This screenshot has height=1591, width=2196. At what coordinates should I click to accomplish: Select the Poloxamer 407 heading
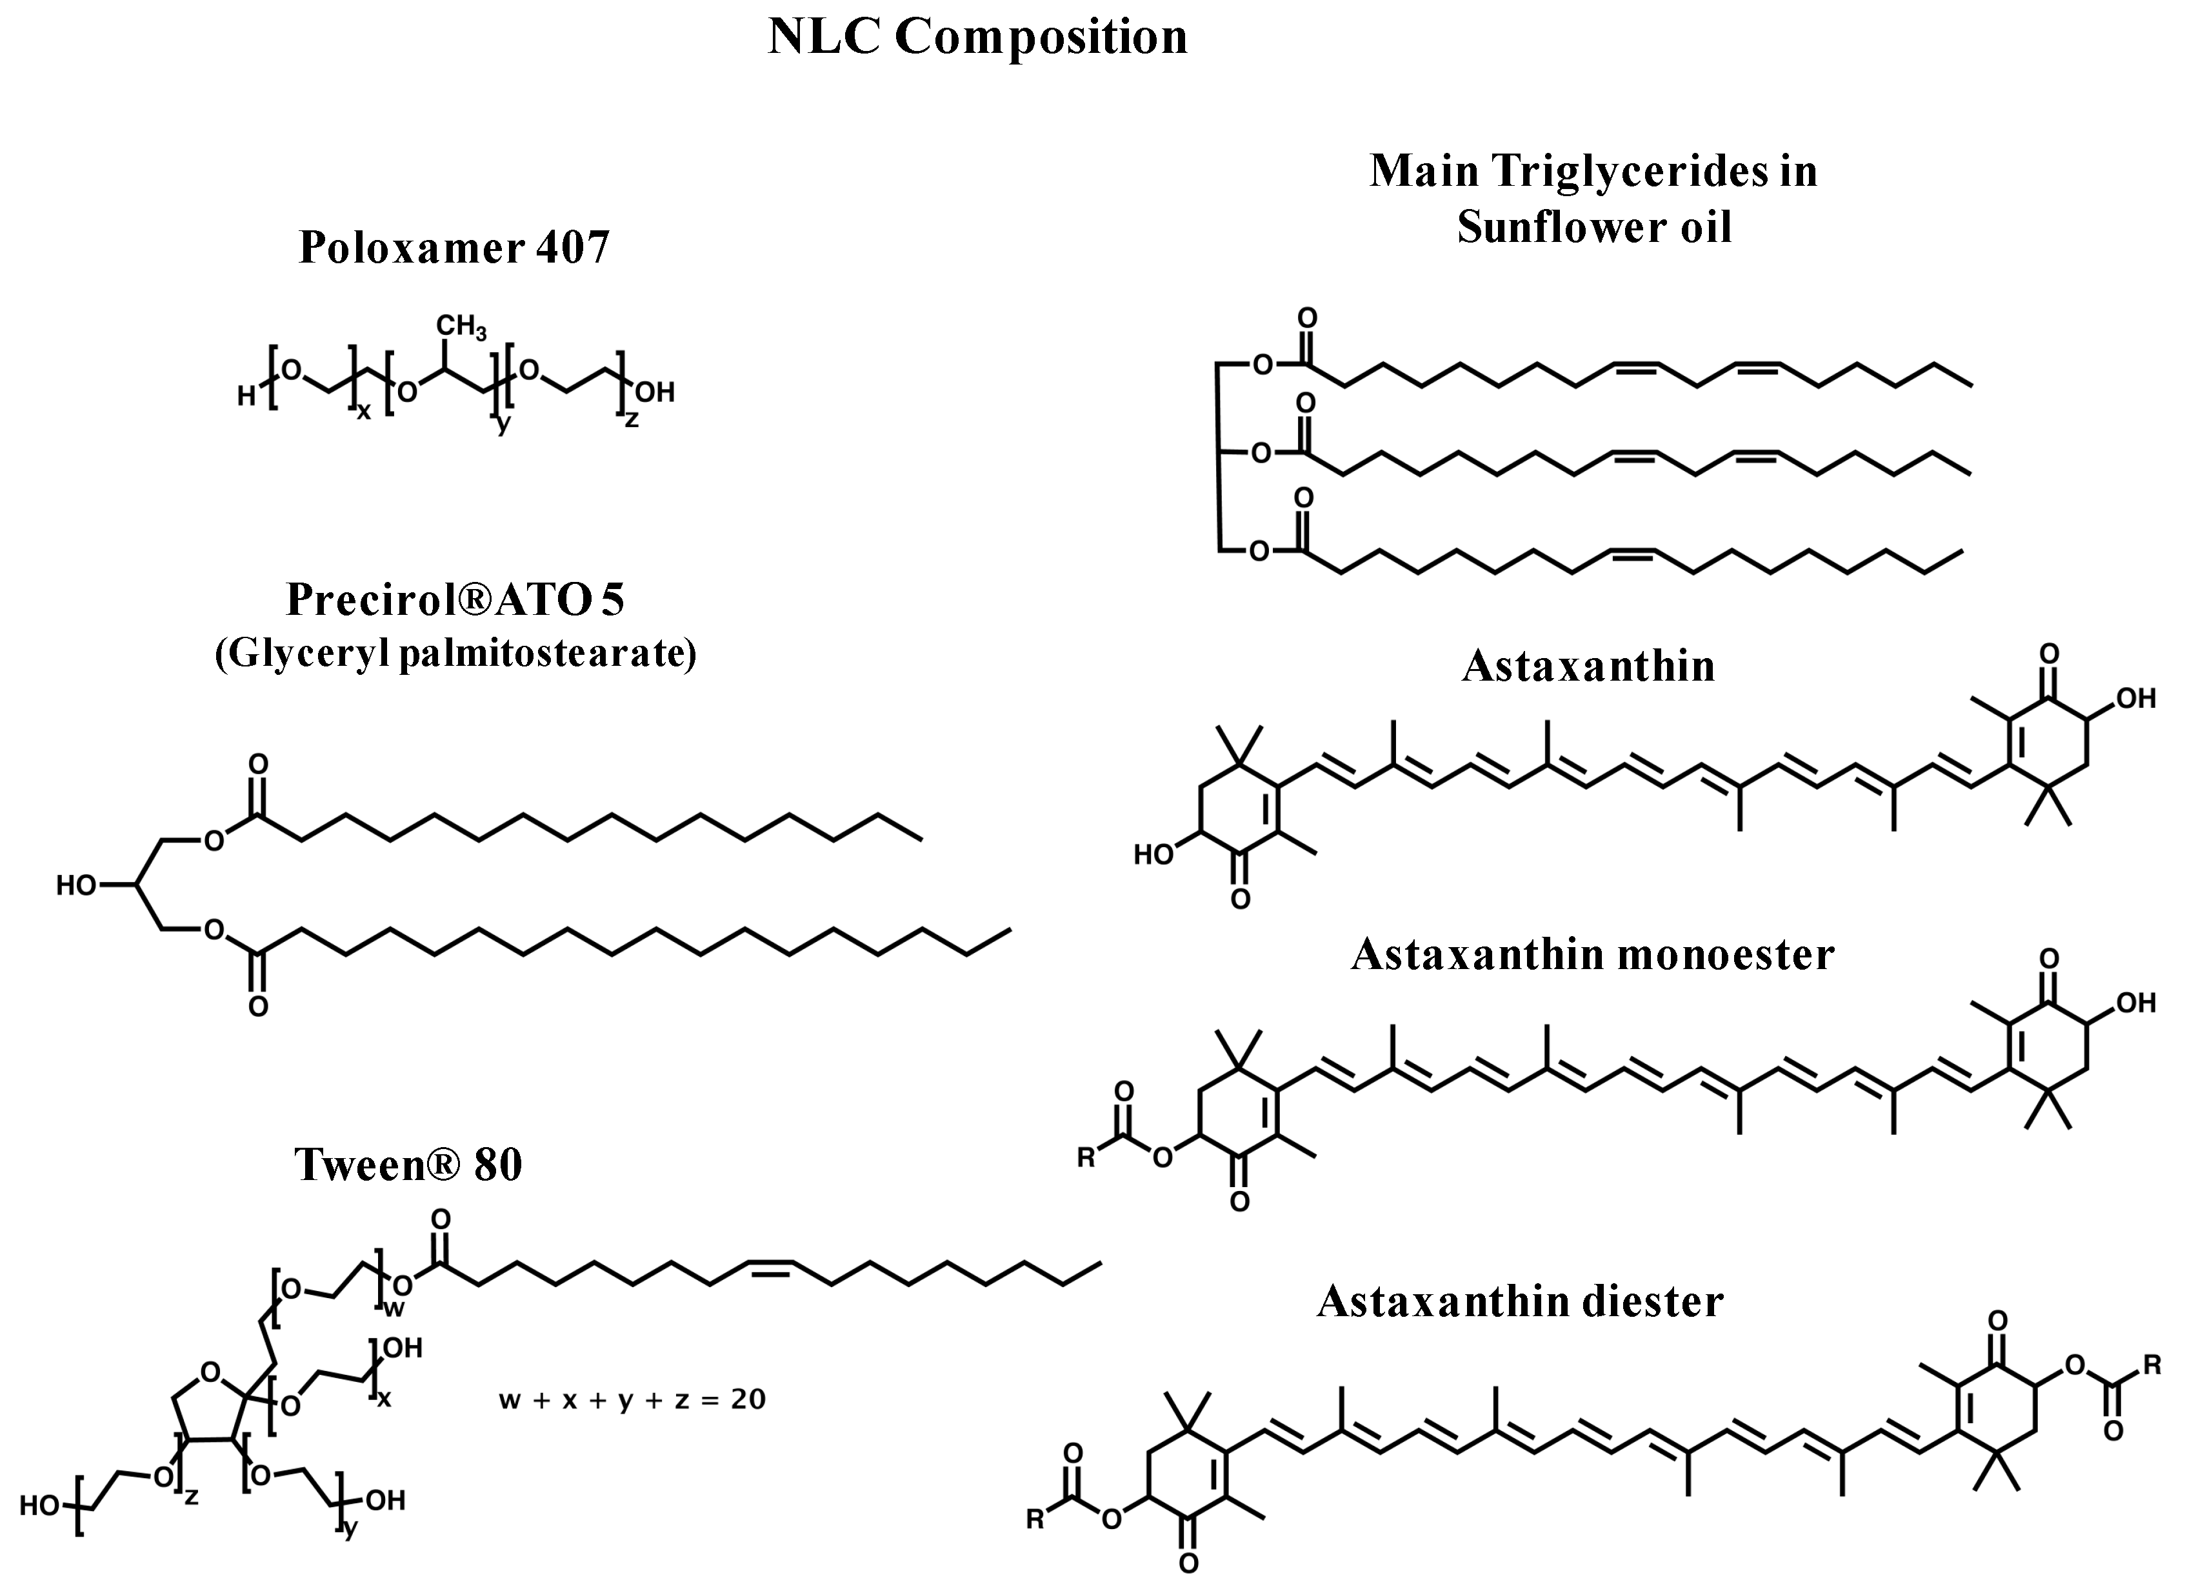(x=454, y=247)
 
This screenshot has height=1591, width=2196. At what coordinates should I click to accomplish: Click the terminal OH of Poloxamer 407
(x=654, y=392)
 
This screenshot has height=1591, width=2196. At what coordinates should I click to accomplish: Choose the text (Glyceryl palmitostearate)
(x=455, y=654)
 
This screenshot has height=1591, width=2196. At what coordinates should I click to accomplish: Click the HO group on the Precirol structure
(x=75, y=885)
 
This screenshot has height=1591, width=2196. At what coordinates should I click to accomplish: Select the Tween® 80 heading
(x=408, y=1164)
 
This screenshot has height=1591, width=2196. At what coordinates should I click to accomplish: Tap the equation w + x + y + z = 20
(x=632, y=1399)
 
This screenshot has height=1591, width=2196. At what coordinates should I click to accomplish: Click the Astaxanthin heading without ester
(x=1588, y=666)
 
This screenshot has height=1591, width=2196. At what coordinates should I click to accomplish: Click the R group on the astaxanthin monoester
(x=1086, y=1158)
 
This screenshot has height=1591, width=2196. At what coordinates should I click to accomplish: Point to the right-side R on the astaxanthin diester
(x=2151, y=1366)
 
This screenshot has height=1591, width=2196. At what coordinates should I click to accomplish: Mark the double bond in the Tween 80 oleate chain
(x=770, y=1270)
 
